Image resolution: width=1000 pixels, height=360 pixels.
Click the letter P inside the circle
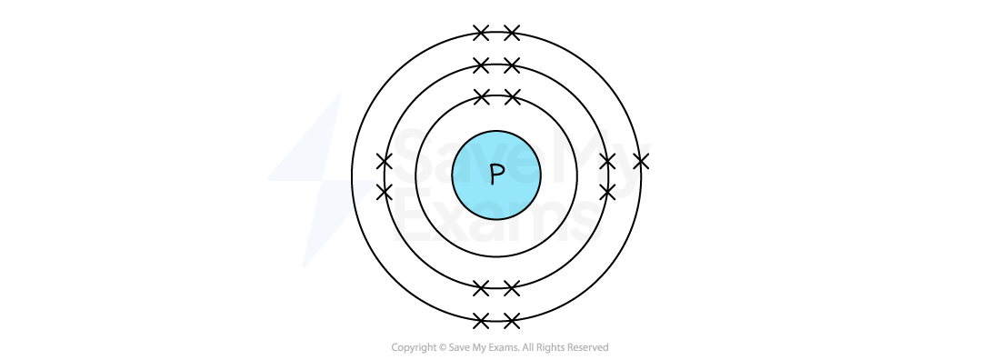coord(496,175)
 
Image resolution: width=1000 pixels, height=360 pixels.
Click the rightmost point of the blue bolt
coord(375,182)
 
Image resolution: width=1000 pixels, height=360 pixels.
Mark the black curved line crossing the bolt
coord(353,193)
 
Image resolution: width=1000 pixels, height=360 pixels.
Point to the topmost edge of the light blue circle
coord(496,133)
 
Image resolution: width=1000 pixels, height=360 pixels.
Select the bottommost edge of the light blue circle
coord(496,217)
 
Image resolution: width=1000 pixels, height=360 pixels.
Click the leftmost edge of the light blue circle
coord(454,175)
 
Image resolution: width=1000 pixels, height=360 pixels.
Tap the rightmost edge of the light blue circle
coord(539,175)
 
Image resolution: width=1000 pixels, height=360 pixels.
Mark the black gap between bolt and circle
coord(415,177)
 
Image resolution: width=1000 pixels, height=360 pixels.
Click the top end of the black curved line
coord(351,181)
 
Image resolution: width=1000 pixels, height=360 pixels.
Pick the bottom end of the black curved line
coord(355,206)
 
